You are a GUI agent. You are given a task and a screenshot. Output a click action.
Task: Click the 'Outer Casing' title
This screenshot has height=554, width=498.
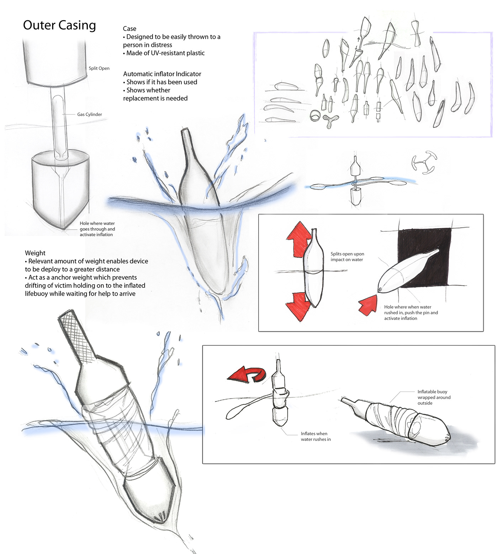point(59,26)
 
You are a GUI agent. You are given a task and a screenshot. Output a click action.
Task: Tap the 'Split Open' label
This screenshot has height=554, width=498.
point(99,68)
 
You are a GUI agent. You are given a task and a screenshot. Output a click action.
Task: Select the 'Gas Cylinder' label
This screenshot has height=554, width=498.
point(90,114)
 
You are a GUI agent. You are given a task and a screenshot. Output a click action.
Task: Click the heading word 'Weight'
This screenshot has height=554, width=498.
point(35,253)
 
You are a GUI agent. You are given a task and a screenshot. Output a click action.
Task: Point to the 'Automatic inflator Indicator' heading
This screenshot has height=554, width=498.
point(162,74)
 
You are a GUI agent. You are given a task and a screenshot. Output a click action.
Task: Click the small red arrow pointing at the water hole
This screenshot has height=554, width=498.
point(368,305)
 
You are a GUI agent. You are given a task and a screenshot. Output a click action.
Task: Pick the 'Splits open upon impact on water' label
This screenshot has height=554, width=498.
point(348,257)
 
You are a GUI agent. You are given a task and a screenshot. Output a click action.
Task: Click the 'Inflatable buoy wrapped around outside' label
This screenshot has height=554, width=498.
point(434,397)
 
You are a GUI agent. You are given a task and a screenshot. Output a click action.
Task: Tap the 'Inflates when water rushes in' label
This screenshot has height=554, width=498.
point(316,437)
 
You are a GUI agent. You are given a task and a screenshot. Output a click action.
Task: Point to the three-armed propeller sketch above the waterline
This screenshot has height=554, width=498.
point(424,162)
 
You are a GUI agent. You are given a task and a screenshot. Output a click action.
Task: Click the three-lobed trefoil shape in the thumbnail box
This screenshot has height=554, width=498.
point(331,121)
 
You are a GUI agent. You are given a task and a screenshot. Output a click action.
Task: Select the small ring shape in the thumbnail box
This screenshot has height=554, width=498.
point(315,116)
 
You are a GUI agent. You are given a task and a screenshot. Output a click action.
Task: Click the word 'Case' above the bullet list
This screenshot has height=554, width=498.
point(129,29)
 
